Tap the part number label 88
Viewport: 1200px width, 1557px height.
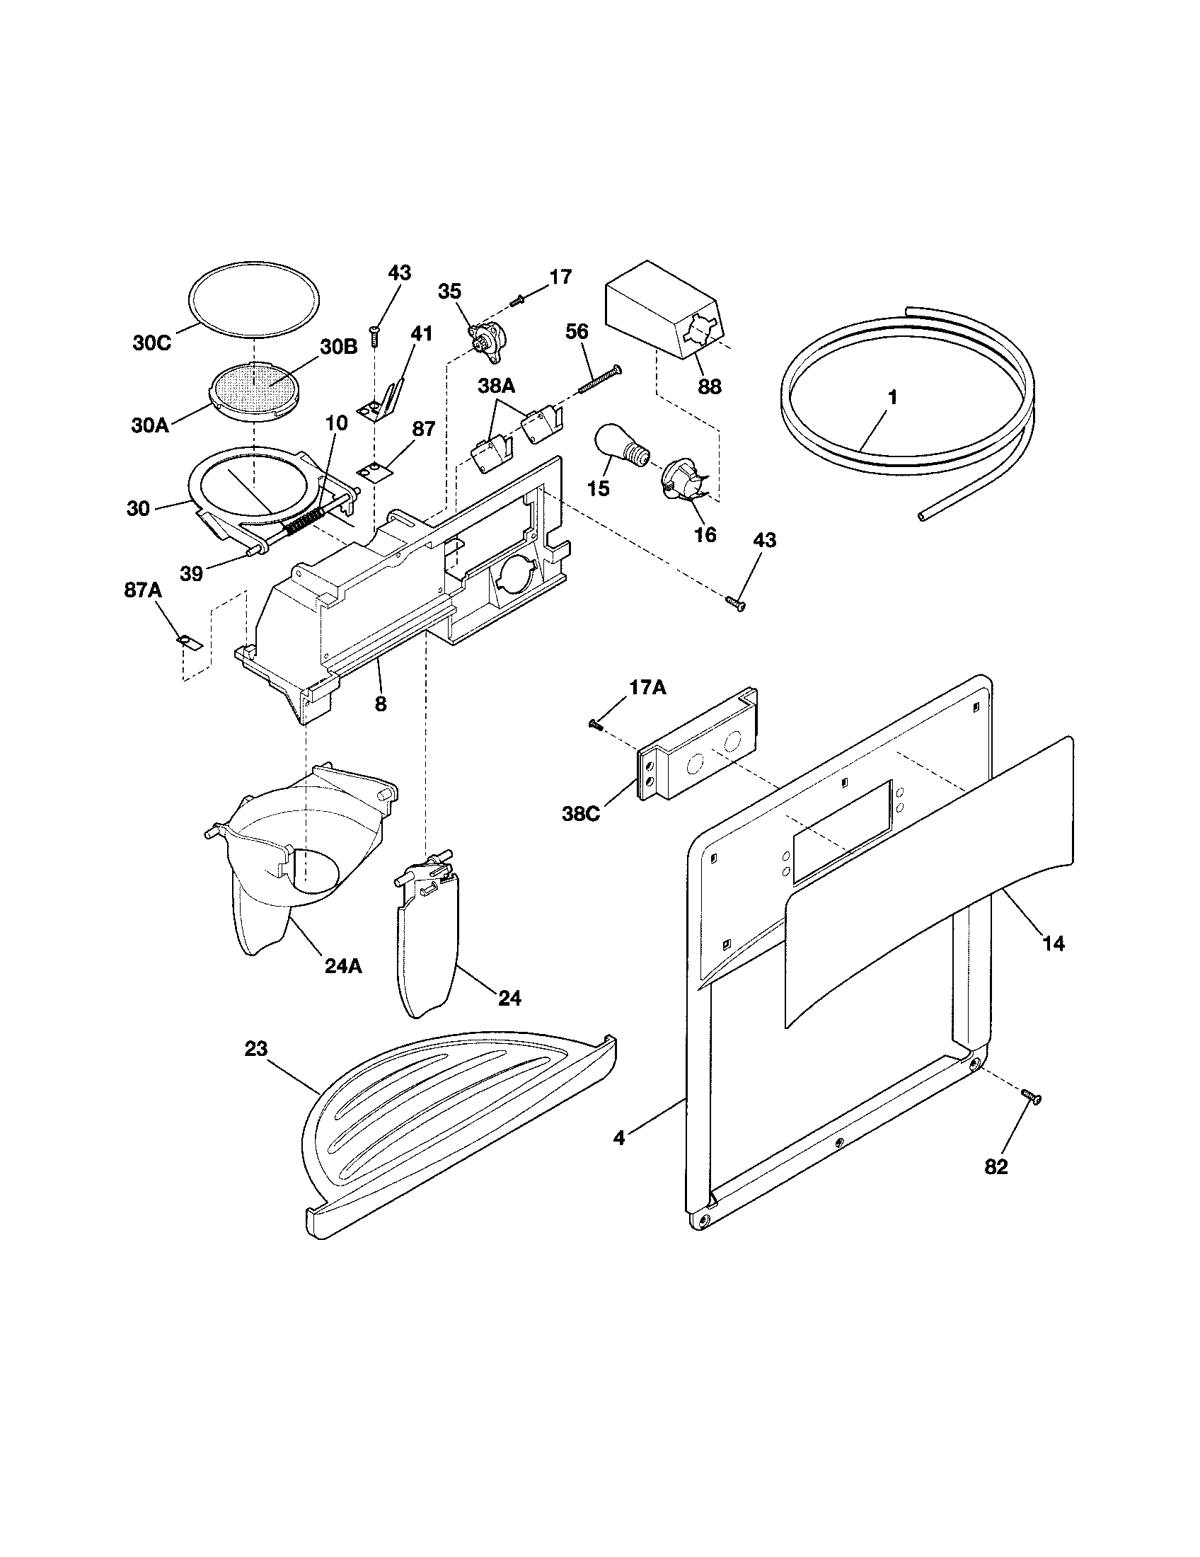click(x=709, y=386)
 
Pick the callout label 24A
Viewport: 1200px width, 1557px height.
click(x=342, y=966)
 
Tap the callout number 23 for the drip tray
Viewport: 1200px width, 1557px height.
click(x=256, y=1048)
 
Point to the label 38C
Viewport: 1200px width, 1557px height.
click(x=582, y=813)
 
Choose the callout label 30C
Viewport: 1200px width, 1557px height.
click(x=152, y=343)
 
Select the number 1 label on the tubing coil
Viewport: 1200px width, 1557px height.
click(x=892, y=397)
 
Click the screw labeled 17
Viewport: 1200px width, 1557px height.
click(x=517, y=300)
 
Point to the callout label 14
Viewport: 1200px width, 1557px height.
click(x=1053, y=943)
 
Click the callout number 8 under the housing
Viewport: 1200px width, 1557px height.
click(x=381, y=704)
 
